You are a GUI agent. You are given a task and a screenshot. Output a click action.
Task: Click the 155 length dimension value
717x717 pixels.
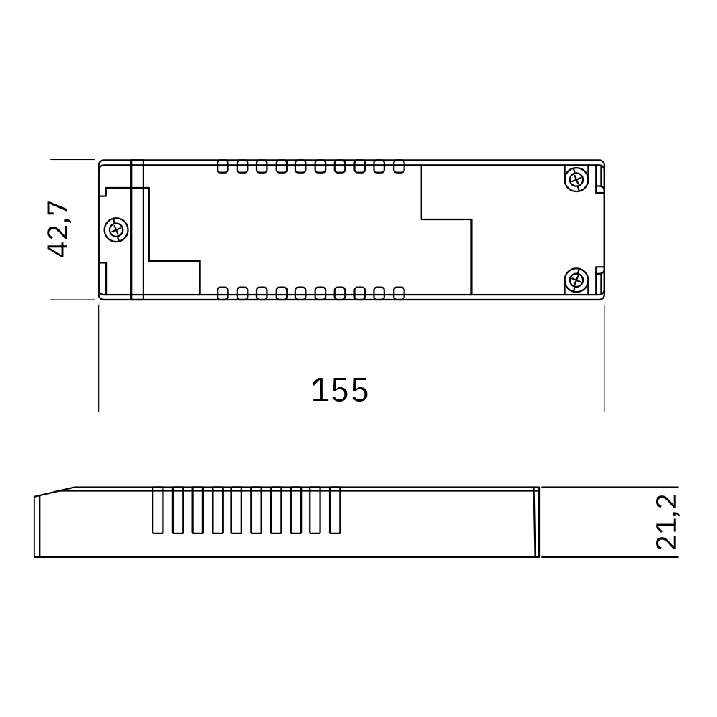pyautogui.click(x=340, y=390)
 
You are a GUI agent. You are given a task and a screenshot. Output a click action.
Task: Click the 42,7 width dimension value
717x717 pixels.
pyautogui.click(x=59, y=229)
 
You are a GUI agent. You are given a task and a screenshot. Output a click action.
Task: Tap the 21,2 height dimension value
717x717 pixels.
pyautogui.click(x=666, y=522)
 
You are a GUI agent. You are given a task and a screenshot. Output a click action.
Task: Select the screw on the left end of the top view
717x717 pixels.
pyautogui.click(x=116, y=229)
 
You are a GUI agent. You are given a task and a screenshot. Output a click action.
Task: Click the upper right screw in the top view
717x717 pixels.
pyautogui.click(x=576, y=179)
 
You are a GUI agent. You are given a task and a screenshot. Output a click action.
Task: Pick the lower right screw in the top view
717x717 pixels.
pyautogui.click(x=576, y=280)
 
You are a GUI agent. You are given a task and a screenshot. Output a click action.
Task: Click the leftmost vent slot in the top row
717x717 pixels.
pyautogui.click(x=222, y=166)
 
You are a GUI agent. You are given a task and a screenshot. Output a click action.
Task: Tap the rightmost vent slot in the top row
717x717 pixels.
pyautogui.click(x=399, y=166)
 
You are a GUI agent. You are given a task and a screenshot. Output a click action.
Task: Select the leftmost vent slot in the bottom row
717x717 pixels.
pyautogui.click(x=222, y=293)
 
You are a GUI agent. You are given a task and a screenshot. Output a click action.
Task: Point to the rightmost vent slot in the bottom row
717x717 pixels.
pyautogui.click(x=399, y=293)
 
